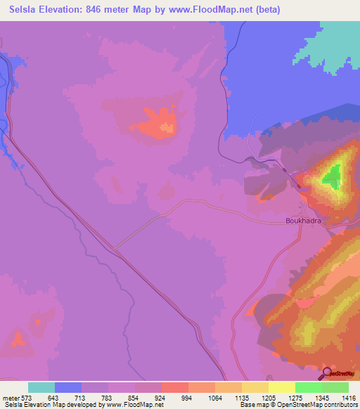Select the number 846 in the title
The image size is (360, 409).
tap(113, 9)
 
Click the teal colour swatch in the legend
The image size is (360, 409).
tap(41, 387)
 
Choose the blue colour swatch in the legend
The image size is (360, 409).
tap(67, 387)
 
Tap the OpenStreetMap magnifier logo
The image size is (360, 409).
tap(328, 373)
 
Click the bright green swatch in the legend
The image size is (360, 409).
tap(308, 387)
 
